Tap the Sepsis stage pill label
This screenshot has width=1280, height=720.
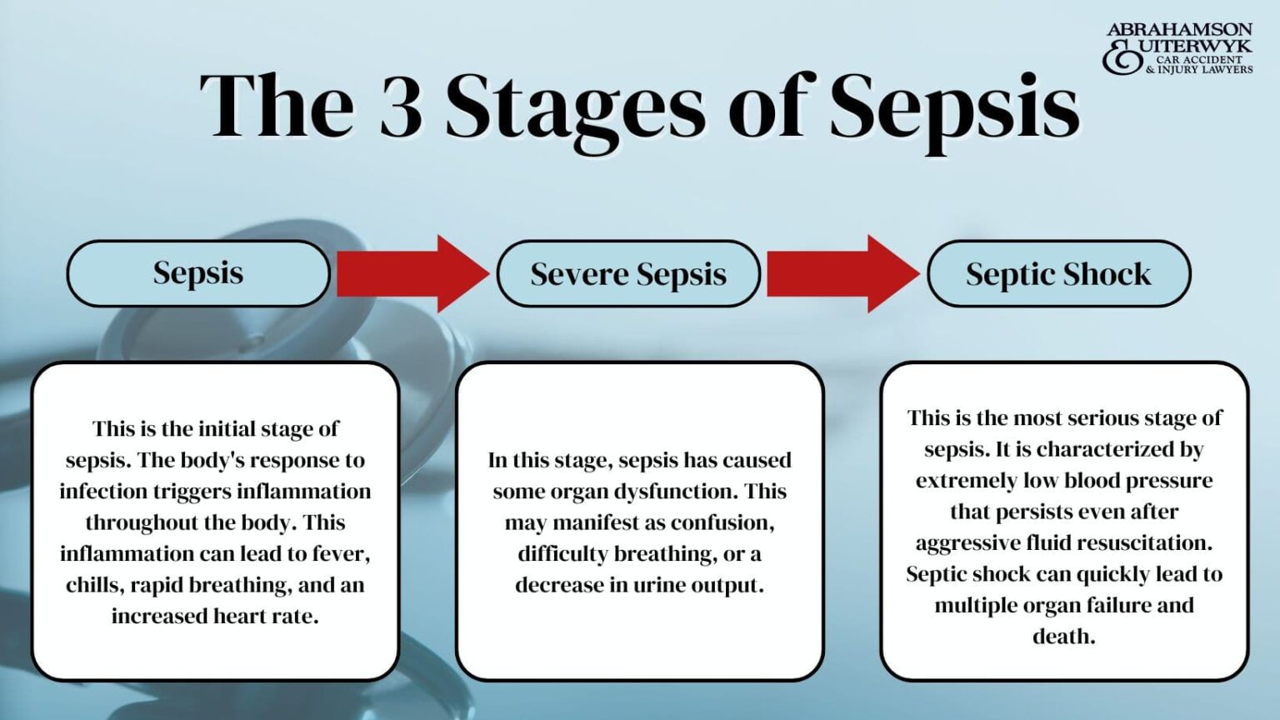(x=198, y=273)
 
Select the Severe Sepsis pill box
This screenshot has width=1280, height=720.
(x=628, y=274)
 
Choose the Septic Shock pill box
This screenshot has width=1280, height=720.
(x=1058, y=274)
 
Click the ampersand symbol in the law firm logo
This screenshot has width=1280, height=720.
(x=1122, y=57)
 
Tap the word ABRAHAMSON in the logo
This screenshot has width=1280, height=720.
(x=1179, y=30)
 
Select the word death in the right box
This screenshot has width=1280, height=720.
(x=1063, y=637)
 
